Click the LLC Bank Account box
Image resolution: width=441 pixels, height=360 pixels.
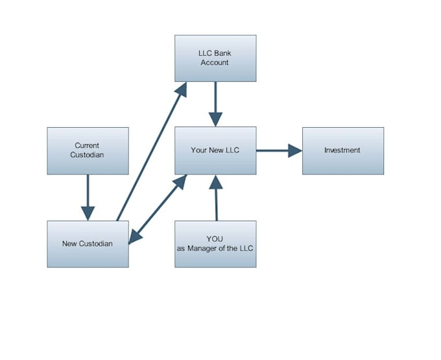[x=215, y=58]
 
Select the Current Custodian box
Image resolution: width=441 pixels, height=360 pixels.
[x=88, y=150]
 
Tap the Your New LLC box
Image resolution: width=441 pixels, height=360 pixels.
[x=215, y=150]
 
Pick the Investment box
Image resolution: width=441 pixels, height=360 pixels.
[x=342, y=150]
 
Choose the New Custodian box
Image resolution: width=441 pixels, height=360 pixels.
[x=88, y=244]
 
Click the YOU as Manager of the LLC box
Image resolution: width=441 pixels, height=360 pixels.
[x=215, y=244]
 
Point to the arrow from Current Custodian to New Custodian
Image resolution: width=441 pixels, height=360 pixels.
[x=88, y=195]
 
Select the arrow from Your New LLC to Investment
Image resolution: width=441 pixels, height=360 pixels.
[x=276, y=150]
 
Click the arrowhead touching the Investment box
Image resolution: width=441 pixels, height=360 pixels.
[x=295, y=150]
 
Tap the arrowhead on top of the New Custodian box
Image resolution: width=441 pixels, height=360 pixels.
[x=88, y=213]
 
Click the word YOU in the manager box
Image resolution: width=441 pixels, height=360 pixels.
[x=215, y=239]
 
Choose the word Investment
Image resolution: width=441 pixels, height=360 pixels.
[x=342, y=150]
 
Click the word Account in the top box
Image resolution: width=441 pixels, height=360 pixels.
[x=215, y=63]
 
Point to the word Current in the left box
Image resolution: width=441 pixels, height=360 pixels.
[x=88, y=146]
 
